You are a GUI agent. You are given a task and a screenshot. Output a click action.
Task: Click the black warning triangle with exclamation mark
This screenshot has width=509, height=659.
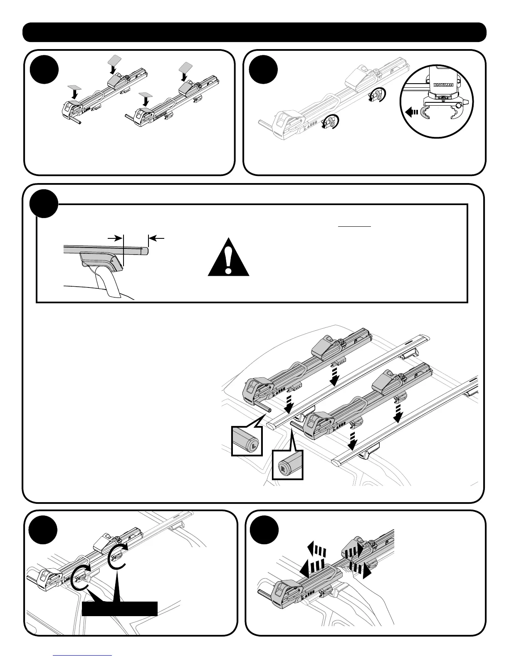click(x=228, y=258)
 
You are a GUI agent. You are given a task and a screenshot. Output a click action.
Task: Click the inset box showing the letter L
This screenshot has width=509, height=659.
click(x=247, y=441)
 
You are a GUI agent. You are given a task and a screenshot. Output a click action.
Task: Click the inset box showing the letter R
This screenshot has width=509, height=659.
click(x=287, y=465)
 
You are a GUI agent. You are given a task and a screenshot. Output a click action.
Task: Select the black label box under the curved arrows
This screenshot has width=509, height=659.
click(x=120, y=608)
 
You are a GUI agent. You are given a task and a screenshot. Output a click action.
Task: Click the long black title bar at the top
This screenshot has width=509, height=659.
click(x=254, y=32)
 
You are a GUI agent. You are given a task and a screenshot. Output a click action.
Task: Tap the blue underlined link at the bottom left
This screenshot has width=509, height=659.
click(x=83, y=655)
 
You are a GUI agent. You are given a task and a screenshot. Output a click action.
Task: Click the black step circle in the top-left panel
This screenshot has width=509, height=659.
click(x=44, y=69)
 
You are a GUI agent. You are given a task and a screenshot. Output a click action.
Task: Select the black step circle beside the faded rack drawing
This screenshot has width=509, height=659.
click(x=263, y=69)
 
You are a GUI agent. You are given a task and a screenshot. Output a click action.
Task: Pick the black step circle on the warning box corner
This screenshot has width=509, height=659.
click(x=44, y=204)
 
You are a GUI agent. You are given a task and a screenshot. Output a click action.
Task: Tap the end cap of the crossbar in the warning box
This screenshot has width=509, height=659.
click(x=144, y=250)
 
